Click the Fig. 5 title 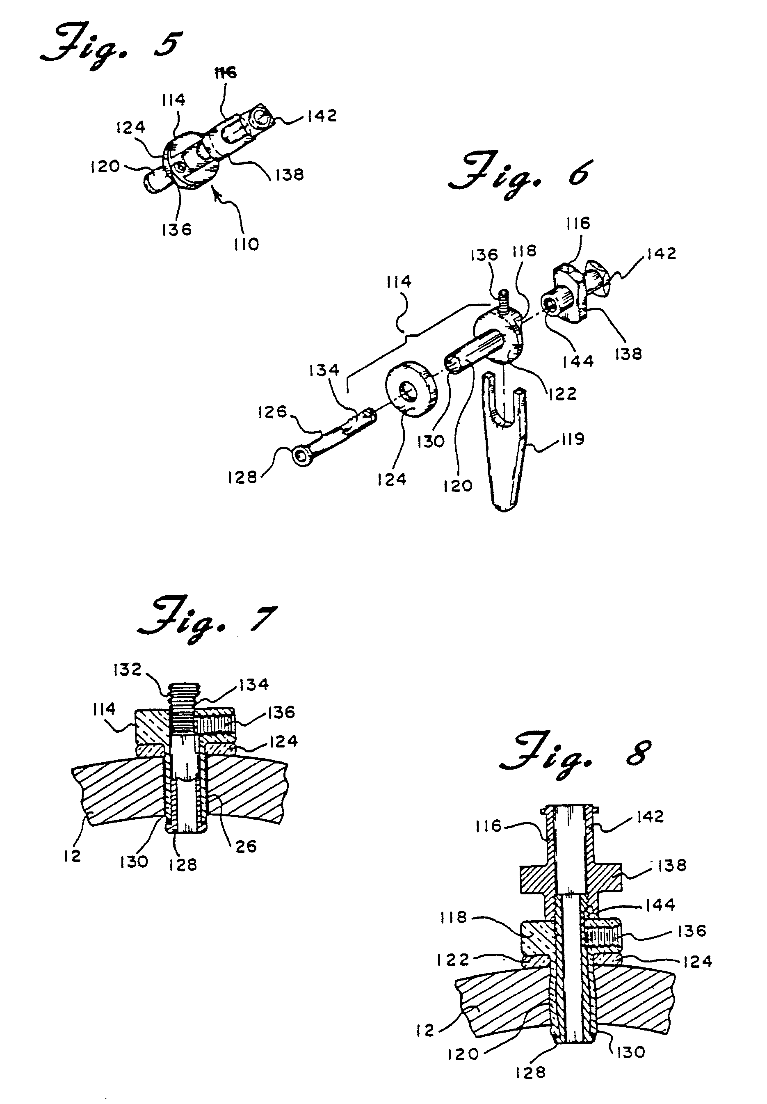point(112,48)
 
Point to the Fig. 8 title point(575,754)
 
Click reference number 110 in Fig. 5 point(246,245)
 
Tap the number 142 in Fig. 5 point(322,116)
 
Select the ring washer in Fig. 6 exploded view point(412,387)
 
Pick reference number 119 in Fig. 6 point(571,439)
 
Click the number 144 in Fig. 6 point(578,361)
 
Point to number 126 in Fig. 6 point(272,411)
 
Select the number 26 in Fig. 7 point(246,846)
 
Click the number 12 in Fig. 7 point(72,856)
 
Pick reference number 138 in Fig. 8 point(672,866)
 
